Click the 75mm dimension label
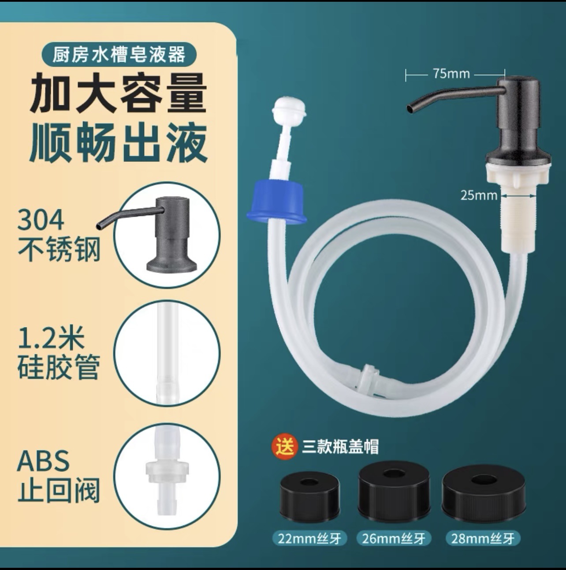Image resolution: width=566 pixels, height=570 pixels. click(x=451, y=74)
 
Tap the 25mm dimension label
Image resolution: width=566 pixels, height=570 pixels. click(x=479, y=194)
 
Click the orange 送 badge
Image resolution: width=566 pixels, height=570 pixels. click(x=284, y=447)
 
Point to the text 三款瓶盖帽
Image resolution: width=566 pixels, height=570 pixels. click(x=340, y=447)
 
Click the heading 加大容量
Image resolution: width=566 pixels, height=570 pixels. click(x=119, y=93)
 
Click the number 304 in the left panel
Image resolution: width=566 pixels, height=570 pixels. click(x=41, y=220)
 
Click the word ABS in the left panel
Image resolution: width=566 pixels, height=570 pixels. click(x=43, y=461)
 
